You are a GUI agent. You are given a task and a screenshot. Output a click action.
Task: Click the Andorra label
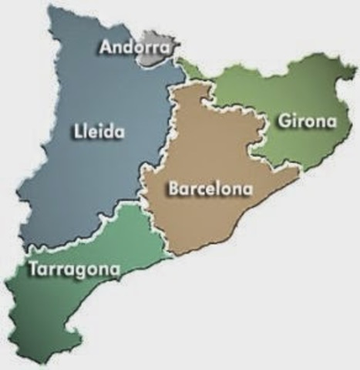click(x=134, y=47)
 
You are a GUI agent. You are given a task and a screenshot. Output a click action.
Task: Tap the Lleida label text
click(x=99, y=131)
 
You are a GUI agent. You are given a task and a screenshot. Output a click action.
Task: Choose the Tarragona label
click(x=74, y=269)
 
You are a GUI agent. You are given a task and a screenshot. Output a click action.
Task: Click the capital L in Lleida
click(x=79, y=131)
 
